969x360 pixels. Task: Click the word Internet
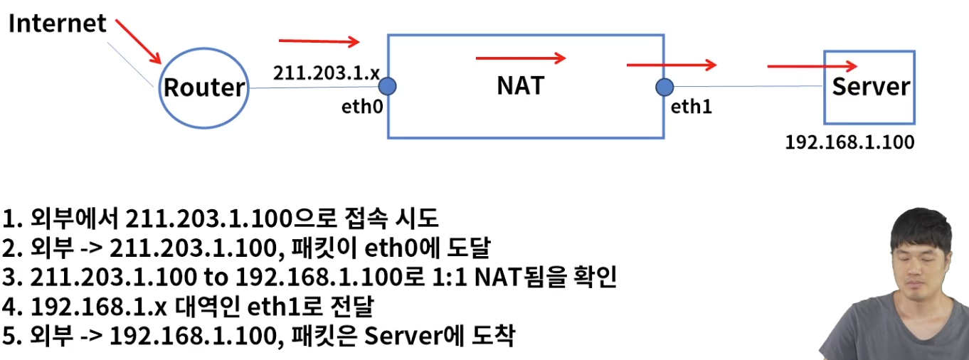click(58, 23)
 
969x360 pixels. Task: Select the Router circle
click(204, 88)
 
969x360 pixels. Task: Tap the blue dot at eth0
click(387, 87)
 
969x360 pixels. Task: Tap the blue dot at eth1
click(664, 87)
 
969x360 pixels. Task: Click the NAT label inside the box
click(520, 85)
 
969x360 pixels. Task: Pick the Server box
click(869, 88)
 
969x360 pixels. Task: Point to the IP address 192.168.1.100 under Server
click(849, 142)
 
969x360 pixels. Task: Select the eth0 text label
click(362, 107)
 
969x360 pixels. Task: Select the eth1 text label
click(692, 107)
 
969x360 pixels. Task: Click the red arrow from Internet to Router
click(139, 41)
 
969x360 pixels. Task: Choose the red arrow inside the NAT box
click(521, 58)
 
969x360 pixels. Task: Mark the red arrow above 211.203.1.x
click(319, 42)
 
